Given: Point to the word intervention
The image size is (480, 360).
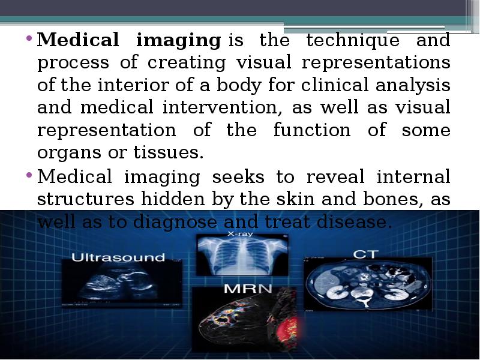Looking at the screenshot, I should (x=221, y=108).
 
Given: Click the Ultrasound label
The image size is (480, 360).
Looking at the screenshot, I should (x=118, y=257).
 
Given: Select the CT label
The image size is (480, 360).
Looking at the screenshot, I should (x=365, y=254).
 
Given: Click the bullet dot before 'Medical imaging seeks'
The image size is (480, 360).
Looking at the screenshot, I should (x=28, y=177).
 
